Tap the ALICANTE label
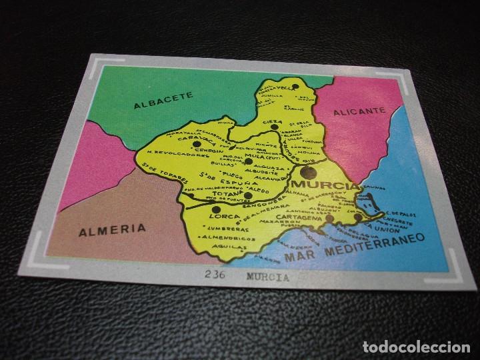pos(359,112)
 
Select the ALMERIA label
pos(112,230)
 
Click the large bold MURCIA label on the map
pos(319,184)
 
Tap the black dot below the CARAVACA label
pos(196,144)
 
